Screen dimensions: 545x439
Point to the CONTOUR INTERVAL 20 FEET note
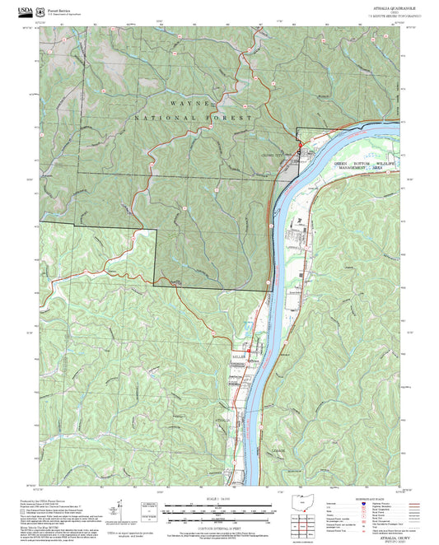tap(218, 527)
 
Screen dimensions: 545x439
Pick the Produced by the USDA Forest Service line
tap(49, 501)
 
